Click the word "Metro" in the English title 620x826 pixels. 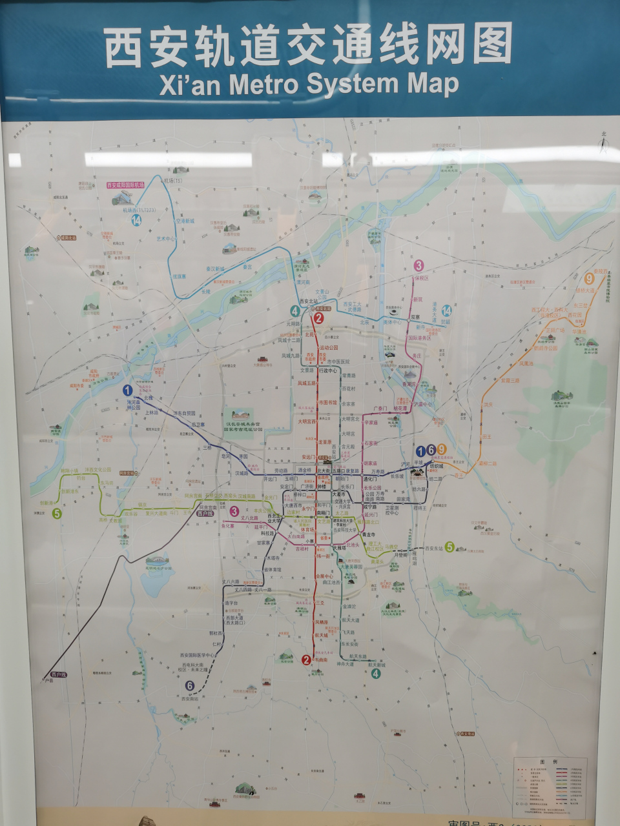[x=263, y=84]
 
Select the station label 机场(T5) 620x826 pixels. [x=173, y=181]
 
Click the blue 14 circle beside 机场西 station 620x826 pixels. [x=136, y=220]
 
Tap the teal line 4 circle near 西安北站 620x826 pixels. [x=295, y=310]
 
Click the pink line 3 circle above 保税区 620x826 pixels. [x=418, y=265]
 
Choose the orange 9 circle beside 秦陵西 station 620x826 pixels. [x=588, y=279]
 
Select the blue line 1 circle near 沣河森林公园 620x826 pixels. [x=127, y=390]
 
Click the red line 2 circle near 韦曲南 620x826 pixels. [x=306, y=660]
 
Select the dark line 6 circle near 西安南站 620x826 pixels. [x=189, y=685]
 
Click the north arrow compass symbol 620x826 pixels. [x=603, y=143]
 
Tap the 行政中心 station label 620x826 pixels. [x=329, y=370]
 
